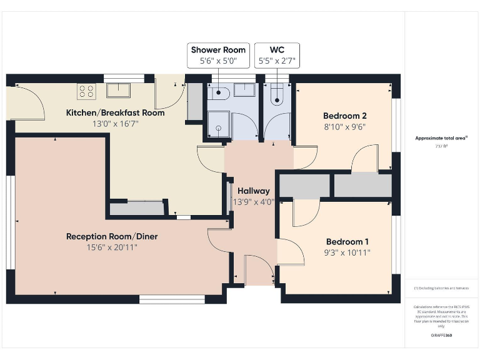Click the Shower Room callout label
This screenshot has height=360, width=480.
[218, 49]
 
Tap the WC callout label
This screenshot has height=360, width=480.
[277, 49]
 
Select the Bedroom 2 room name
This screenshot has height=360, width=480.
[344, 116]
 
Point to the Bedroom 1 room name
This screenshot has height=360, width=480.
[347, 242]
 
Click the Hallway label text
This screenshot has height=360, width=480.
[253, 191]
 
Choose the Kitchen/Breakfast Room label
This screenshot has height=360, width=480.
[116, 113]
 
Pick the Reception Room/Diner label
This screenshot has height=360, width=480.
[112, 236]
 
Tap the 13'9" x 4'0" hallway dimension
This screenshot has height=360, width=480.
[253, 202]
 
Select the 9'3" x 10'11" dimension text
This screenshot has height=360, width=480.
[347, 253]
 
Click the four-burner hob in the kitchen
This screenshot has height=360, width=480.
[86, 91]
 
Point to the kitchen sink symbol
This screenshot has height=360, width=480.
[117, 90]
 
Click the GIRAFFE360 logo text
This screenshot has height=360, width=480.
[441, 336]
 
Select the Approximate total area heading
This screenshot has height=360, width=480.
[441, 138]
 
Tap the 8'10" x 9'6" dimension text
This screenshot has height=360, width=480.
[344, 126]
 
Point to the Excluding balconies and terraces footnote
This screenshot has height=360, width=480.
[441, 288]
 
